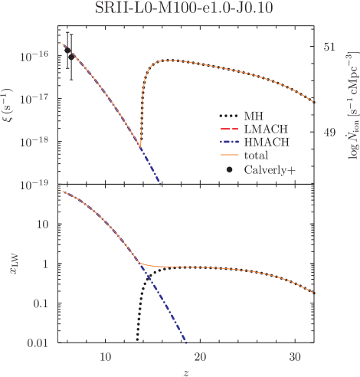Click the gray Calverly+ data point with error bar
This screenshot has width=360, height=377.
pyautogui.click(x=70, y=55)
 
